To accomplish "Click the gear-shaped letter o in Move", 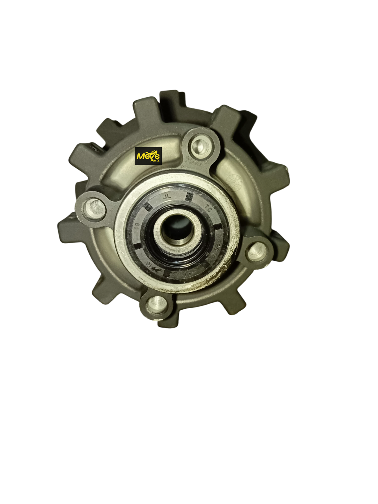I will pyautogui.click(x=148, y=157).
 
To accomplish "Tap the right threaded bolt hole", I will pyautogui.click(x=258, y=250).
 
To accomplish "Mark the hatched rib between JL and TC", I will pyautogui.click(x=190, y=196).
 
